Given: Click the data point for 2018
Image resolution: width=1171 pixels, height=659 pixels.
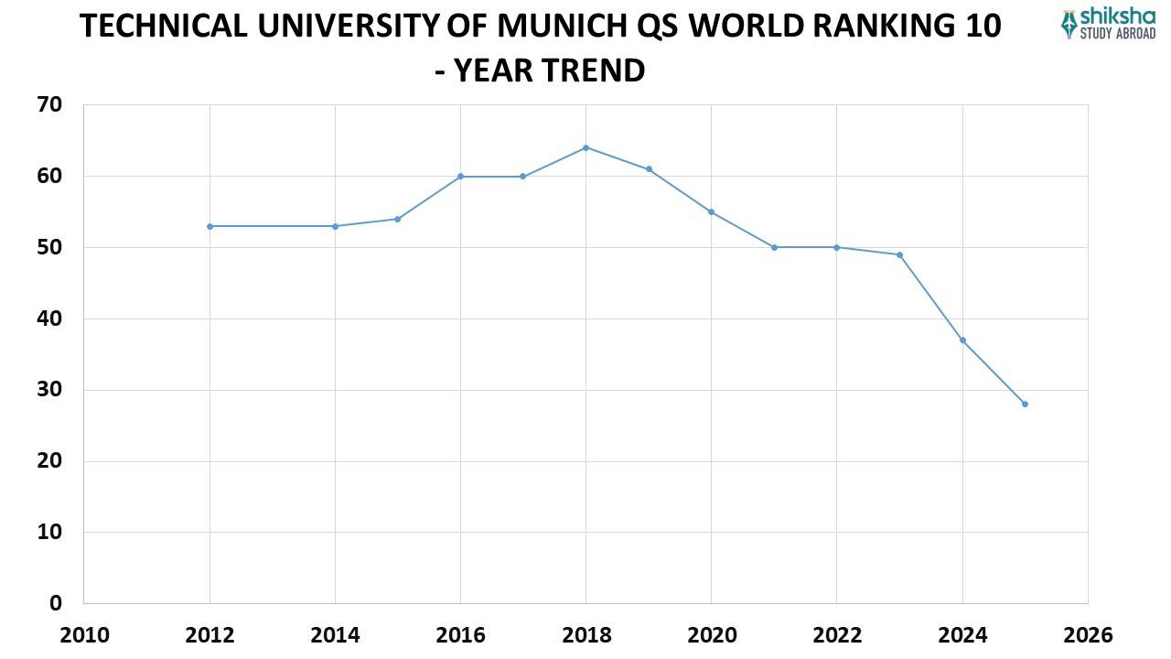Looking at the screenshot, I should click(x=585, y=147).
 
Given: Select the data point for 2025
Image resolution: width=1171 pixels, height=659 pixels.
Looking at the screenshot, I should click(x=1025, y=404).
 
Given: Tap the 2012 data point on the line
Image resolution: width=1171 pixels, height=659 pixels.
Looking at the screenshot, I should click(x=209, y=226).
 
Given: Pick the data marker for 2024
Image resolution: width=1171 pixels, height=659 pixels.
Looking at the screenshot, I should click(x=962, y=340).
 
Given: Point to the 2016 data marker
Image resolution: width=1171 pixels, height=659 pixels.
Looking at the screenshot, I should click(x=460, y=176).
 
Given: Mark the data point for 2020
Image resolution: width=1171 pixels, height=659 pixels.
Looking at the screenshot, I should click(x=711, y=211).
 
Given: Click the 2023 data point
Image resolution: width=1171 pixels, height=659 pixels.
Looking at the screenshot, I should click(x=899, y=254).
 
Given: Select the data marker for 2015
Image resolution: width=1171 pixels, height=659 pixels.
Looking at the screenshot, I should click(x=397, y=219).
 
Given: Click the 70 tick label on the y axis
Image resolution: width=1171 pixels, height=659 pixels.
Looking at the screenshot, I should click(x=50, y=105).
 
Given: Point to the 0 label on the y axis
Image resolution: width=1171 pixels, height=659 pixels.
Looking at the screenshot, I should click(x=57, y=603).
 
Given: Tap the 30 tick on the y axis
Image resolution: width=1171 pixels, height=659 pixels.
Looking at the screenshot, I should click(x=50, y=390).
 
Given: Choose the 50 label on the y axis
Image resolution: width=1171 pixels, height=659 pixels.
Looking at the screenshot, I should click(x=50, y=247).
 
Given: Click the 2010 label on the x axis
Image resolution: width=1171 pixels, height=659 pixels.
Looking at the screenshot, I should click(x=83, y=635).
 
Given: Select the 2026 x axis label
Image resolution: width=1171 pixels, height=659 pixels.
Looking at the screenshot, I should click(x=1088, y=635).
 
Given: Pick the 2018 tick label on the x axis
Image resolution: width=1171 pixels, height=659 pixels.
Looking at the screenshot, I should click(x=585, y=635).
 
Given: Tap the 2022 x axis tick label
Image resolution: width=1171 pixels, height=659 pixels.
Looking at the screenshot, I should click(x=836, y=635).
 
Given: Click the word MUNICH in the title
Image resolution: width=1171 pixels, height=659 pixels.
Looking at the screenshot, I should click(x=560, y=27).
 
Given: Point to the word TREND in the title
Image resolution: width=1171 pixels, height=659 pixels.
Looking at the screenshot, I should click(x=596, y=70).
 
